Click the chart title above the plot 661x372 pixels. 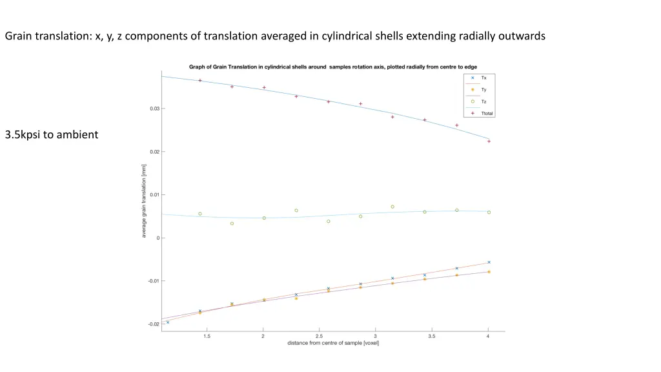332,67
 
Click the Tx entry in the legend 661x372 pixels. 483,77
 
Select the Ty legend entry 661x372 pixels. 483,90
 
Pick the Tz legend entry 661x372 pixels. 483,101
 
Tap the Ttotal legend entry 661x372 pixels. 487,113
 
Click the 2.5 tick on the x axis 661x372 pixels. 319,336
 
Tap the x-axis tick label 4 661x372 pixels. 488,336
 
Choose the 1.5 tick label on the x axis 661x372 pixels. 207,336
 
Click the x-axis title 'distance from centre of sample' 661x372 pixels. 333,343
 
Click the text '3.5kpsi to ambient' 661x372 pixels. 52,135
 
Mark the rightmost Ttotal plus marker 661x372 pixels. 489,141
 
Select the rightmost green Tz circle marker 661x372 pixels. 489,212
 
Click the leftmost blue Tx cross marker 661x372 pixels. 168,322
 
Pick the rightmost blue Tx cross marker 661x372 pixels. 489,262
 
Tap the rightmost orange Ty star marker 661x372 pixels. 489,272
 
